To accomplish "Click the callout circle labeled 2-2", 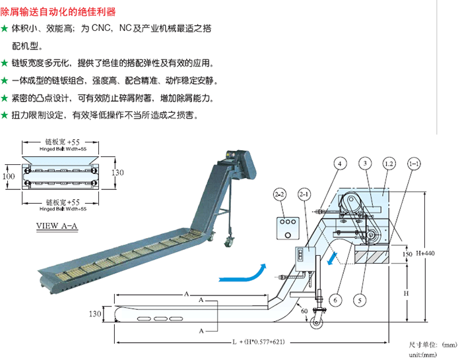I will pyautogui.click(x=280, y=195).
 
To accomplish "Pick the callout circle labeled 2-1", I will pyautogui.click(x=304, y=195).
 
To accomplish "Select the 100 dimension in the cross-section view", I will pyautogui.click(x=8, y=177).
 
